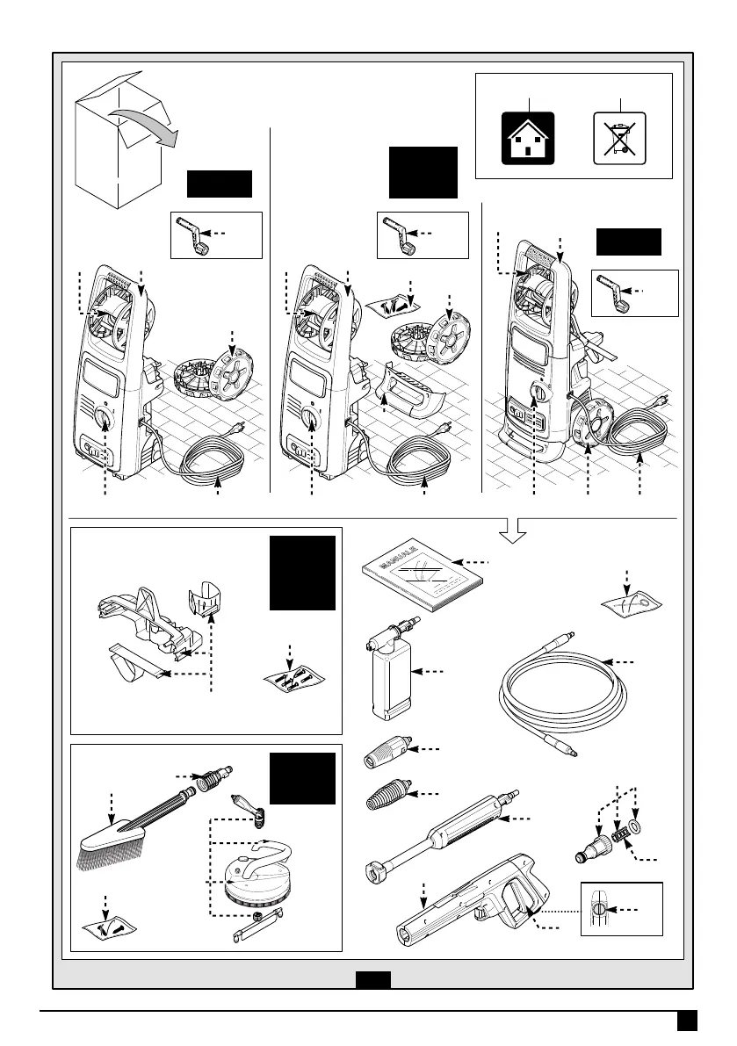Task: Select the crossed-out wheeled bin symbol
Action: pos(619,139)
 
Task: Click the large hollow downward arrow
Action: pos(518,530)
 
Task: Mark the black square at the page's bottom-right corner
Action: pos(687,1021)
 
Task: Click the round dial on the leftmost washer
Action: pos(105,418)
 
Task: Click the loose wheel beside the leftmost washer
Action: pos(221,372)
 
